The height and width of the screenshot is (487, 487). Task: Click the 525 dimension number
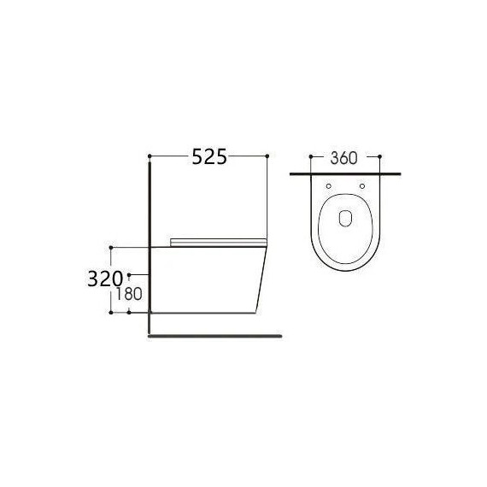[x=208, y=156]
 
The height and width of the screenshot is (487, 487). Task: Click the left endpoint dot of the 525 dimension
[x=150, y=155]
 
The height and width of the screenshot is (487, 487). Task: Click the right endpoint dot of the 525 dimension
[x=268, y=155]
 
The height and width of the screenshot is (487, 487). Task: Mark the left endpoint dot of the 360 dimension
[x=307, y=157]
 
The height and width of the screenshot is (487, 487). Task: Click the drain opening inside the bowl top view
[x=345, y=218]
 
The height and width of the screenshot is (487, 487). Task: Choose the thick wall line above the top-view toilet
[x=345, y=173]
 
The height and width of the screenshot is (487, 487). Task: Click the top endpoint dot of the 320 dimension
[x=112, y=246]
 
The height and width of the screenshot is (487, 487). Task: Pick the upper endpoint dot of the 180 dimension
[x=129, y=275]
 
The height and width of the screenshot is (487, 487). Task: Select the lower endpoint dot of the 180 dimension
[x=129, y=313]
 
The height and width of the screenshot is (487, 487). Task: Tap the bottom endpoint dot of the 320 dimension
[x=112, y=313]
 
